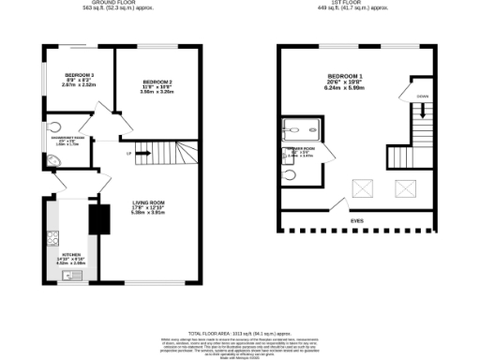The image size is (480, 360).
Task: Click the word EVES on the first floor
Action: (356, 222)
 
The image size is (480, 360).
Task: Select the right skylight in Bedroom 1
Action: (406, 189)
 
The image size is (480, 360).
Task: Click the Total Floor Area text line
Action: (239, 333)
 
